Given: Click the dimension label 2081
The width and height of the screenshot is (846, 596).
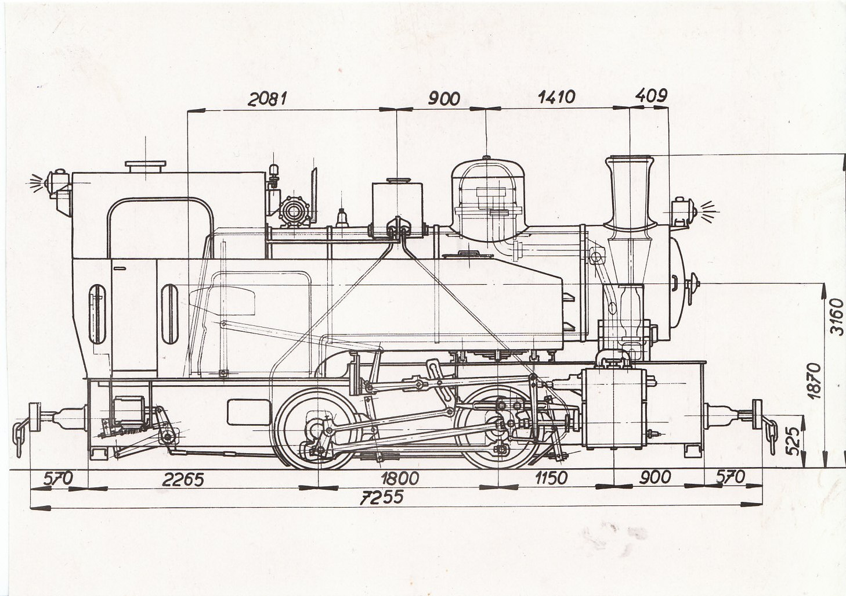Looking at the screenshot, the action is click(267, 99).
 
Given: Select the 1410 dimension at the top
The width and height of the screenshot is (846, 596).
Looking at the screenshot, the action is click(556, 97).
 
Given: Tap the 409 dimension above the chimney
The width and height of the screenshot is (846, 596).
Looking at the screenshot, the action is click(652, 95).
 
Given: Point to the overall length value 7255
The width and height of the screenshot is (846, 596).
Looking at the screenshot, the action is click(382, 497).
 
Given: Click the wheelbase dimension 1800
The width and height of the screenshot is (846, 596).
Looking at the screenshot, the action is click(400, 479).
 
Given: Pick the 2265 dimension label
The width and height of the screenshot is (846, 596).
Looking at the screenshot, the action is click(183, 480).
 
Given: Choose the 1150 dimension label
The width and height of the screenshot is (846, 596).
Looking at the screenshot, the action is click(551, 479).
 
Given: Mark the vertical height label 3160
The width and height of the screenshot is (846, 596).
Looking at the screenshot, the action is click(837, 317).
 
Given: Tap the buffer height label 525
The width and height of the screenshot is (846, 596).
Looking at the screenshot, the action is click(793, 441).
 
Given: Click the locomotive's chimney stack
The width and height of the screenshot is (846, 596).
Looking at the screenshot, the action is click(630, 193).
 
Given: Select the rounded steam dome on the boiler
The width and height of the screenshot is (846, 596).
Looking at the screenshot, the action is click(488, 200).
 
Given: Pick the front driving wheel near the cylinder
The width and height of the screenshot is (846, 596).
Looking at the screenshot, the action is click(498, 428).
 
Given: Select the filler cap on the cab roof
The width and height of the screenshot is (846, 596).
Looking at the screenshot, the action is click(146, 166).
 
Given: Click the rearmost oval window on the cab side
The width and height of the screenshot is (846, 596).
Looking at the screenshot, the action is click(97, 314).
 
